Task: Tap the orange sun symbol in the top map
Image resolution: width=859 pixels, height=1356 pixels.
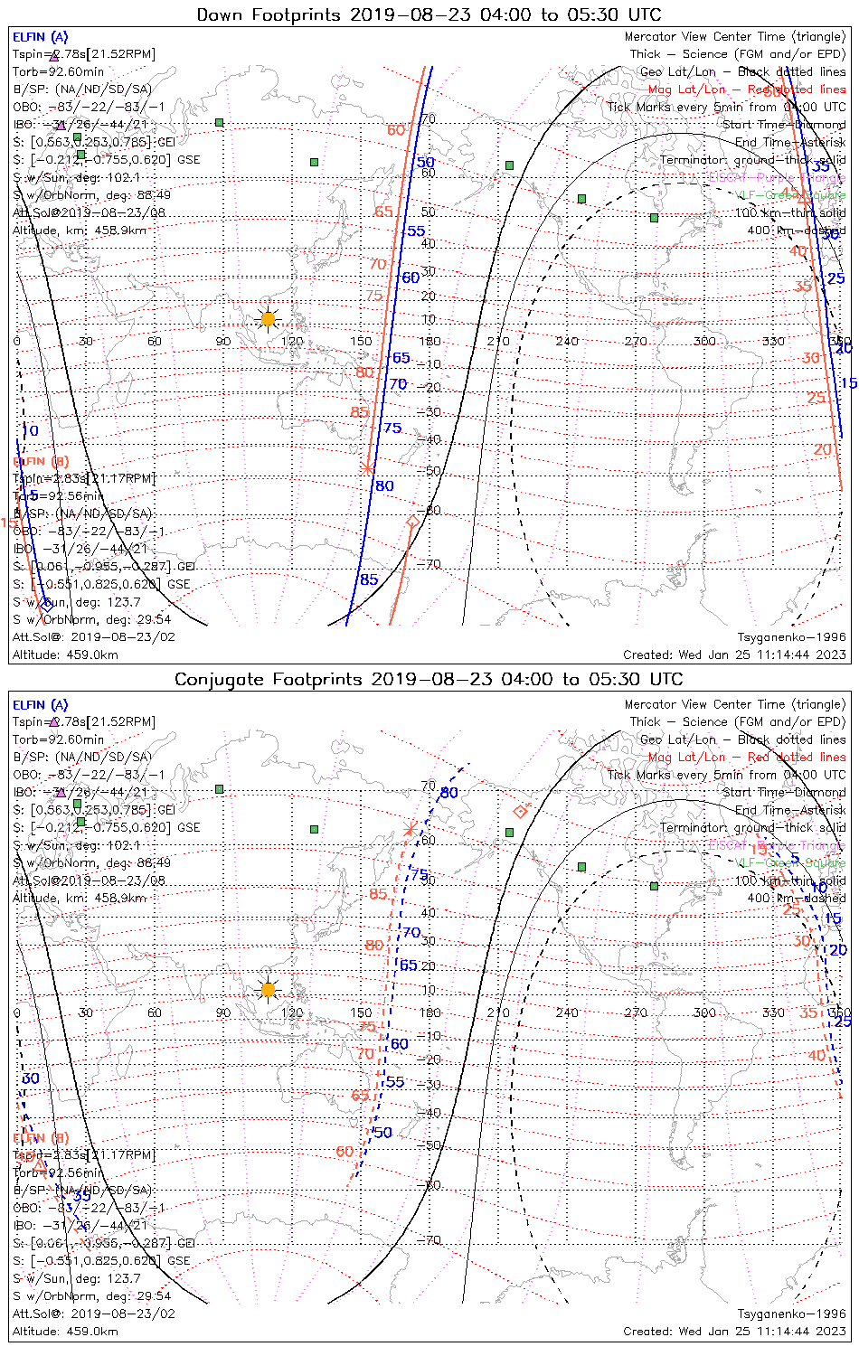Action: click(x=268, y=319)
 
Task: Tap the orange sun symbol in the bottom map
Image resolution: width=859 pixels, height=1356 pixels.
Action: click(x=268, y=990)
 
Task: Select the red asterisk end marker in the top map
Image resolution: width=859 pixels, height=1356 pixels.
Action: click(x=367, y=467)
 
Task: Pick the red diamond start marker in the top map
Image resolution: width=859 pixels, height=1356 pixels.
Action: click(x=413, y=522)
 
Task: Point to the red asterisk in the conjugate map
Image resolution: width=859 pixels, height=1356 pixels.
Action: click(x=411, y=829)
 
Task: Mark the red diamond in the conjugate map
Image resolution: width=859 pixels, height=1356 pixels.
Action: click(x=520, y=811)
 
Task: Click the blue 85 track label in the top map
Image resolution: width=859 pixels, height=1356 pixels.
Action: click(x=369, y=579)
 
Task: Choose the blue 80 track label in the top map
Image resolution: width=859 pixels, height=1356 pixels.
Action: click(x=384, y=485)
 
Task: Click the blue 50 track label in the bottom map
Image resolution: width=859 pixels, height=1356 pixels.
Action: click(x=382, y=1133)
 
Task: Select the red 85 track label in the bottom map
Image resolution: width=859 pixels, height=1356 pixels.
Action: click(x=378, y=894)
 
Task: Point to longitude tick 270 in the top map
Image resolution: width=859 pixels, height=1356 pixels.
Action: click(x=636, y=341)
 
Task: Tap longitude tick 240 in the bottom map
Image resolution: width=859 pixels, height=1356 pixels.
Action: click(x=567, y=1012)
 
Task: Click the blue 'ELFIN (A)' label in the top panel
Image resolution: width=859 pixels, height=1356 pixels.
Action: click(x=40, y=37)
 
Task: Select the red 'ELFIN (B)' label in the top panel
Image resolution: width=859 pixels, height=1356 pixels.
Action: click(x=40, y=461)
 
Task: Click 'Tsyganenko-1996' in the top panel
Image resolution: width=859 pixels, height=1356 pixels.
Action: click(x=791, y=637)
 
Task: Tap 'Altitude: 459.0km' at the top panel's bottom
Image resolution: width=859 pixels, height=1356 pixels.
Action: click(x=65, y=654)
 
